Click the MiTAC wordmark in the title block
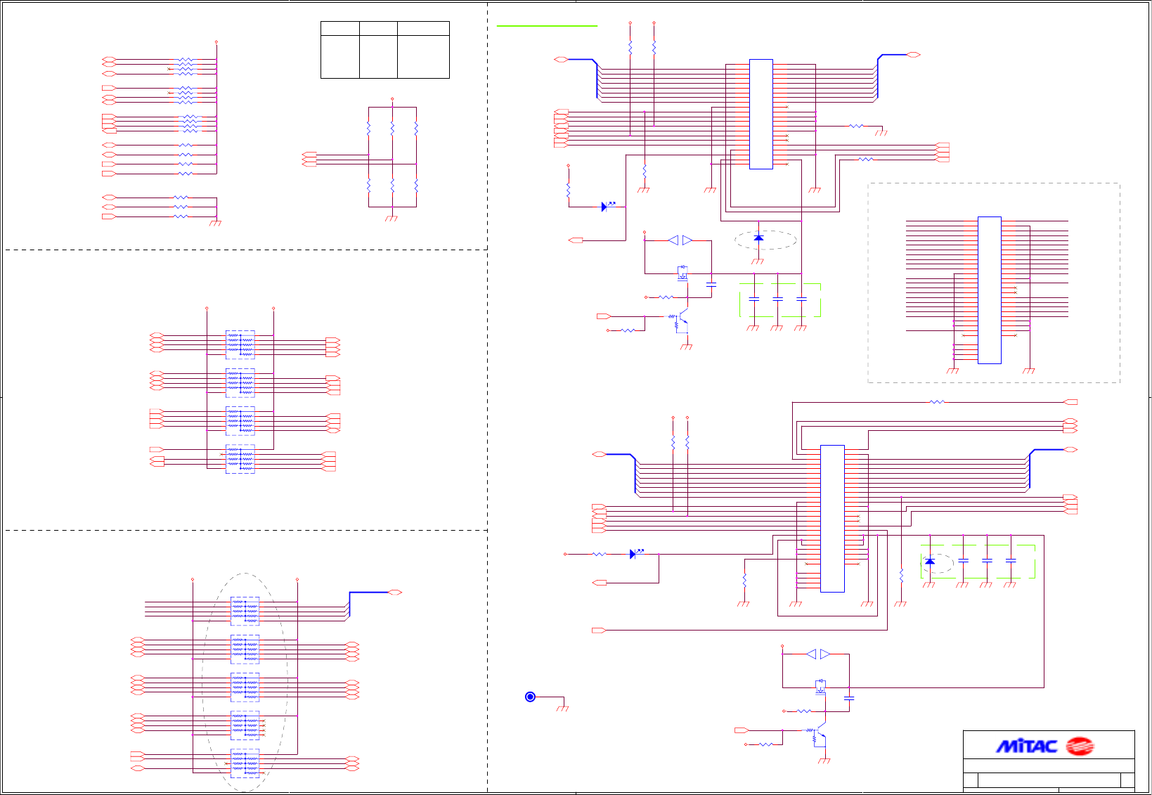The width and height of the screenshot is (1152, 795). pos(1026,746)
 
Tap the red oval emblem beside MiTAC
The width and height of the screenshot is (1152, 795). pos(1080,746)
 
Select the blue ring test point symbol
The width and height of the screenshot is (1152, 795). pos(530,697)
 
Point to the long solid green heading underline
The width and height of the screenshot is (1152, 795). pos(547,26)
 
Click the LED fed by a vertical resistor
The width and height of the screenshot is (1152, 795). pos(605,207)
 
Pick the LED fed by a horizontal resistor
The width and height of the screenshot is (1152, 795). pos(633,554)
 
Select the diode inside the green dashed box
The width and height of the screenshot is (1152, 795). pos(930,562)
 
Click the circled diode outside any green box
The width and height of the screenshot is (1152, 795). pos(758,238)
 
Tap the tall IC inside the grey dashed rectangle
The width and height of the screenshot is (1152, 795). pos(989,290)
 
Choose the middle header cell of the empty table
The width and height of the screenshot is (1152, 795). pos(378,28)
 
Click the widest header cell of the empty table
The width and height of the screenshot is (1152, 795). pos(423,28)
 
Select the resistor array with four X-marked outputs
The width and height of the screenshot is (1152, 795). pos(245,725)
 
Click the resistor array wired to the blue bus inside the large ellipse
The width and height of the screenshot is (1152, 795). pos(245,611)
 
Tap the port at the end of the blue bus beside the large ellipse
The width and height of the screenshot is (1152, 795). pos(395,593)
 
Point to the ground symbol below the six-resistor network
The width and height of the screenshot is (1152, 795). pos(391,219)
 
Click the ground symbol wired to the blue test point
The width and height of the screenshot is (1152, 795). pos(562,708)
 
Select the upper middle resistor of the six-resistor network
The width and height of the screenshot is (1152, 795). pos(392,129)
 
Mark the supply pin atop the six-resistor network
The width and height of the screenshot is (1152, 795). pos(392,99)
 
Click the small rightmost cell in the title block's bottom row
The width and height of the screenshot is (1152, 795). pos(1127,780)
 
